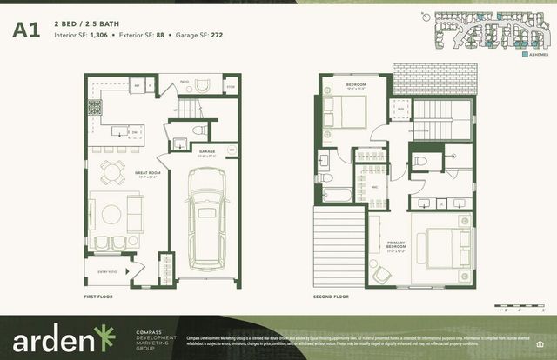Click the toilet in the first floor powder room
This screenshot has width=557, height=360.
(198, 130)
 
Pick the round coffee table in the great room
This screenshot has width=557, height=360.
(111, 212)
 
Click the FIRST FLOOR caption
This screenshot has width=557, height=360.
(98, 297)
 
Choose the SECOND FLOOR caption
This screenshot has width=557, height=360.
(331, 297)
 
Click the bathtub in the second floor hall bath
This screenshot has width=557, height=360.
(336, 193)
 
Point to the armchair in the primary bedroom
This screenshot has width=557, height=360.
(382, 272)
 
